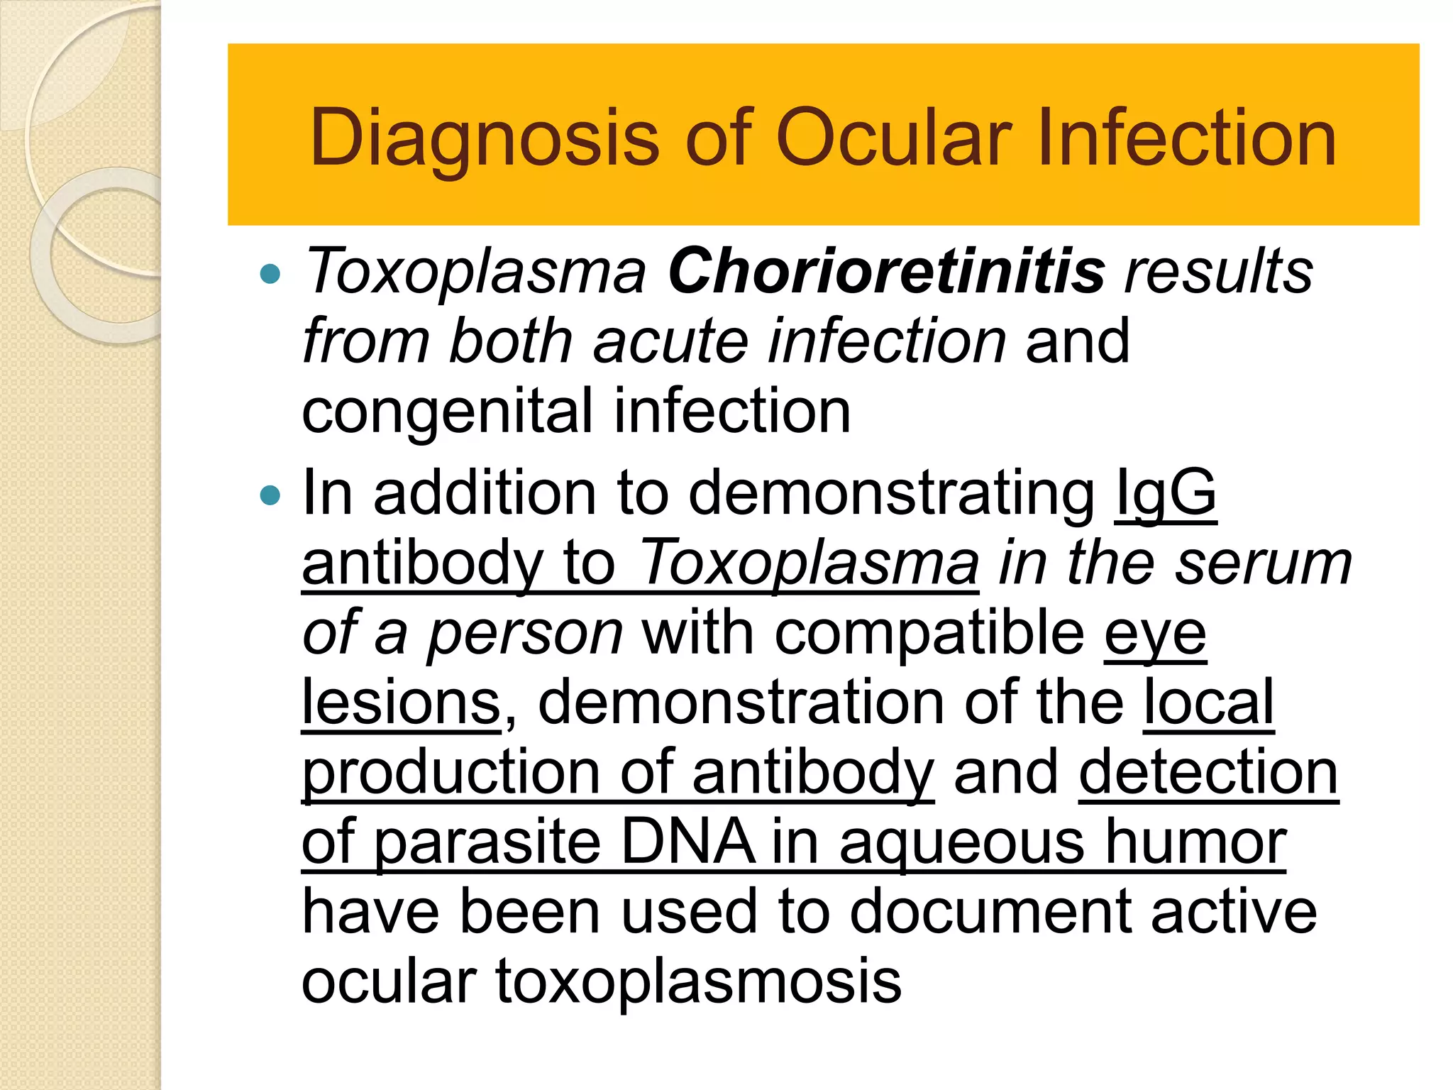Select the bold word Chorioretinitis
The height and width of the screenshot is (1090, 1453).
coord(886,271)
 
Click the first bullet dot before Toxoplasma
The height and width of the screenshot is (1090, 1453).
coord(270,273)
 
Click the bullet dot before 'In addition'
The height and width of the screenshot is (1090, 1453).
coord(270,495)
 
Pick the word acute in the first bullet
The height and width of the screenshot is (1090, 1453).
coord(670,341)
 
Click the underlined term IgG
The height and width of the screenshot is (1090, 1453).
coord(1166,494)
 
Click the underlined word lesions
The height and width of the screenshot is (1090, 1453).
coord(402,702)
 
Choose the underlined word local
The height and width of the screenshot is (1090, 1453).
coord(1209,702)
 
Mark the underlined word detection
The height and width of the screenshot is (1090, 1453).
coord(1208,772)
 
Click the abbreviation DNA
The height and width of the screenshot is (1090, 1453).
coord(687,842)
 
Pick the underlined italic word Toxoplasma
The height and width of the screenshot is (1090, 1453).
coord(809,563)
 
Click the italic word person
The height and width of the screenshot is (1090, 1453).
coord(525,634)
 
